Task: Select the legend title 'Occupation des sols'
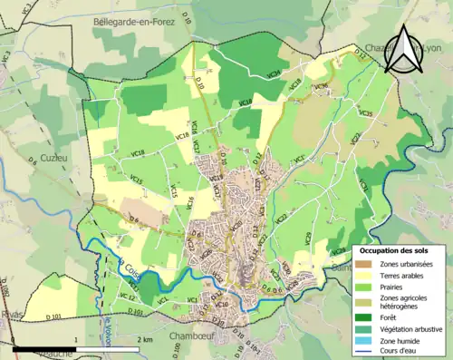(400, 249)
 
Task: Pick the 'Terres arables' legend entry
(403, 274)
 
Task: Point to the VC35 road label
(366, 113)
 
